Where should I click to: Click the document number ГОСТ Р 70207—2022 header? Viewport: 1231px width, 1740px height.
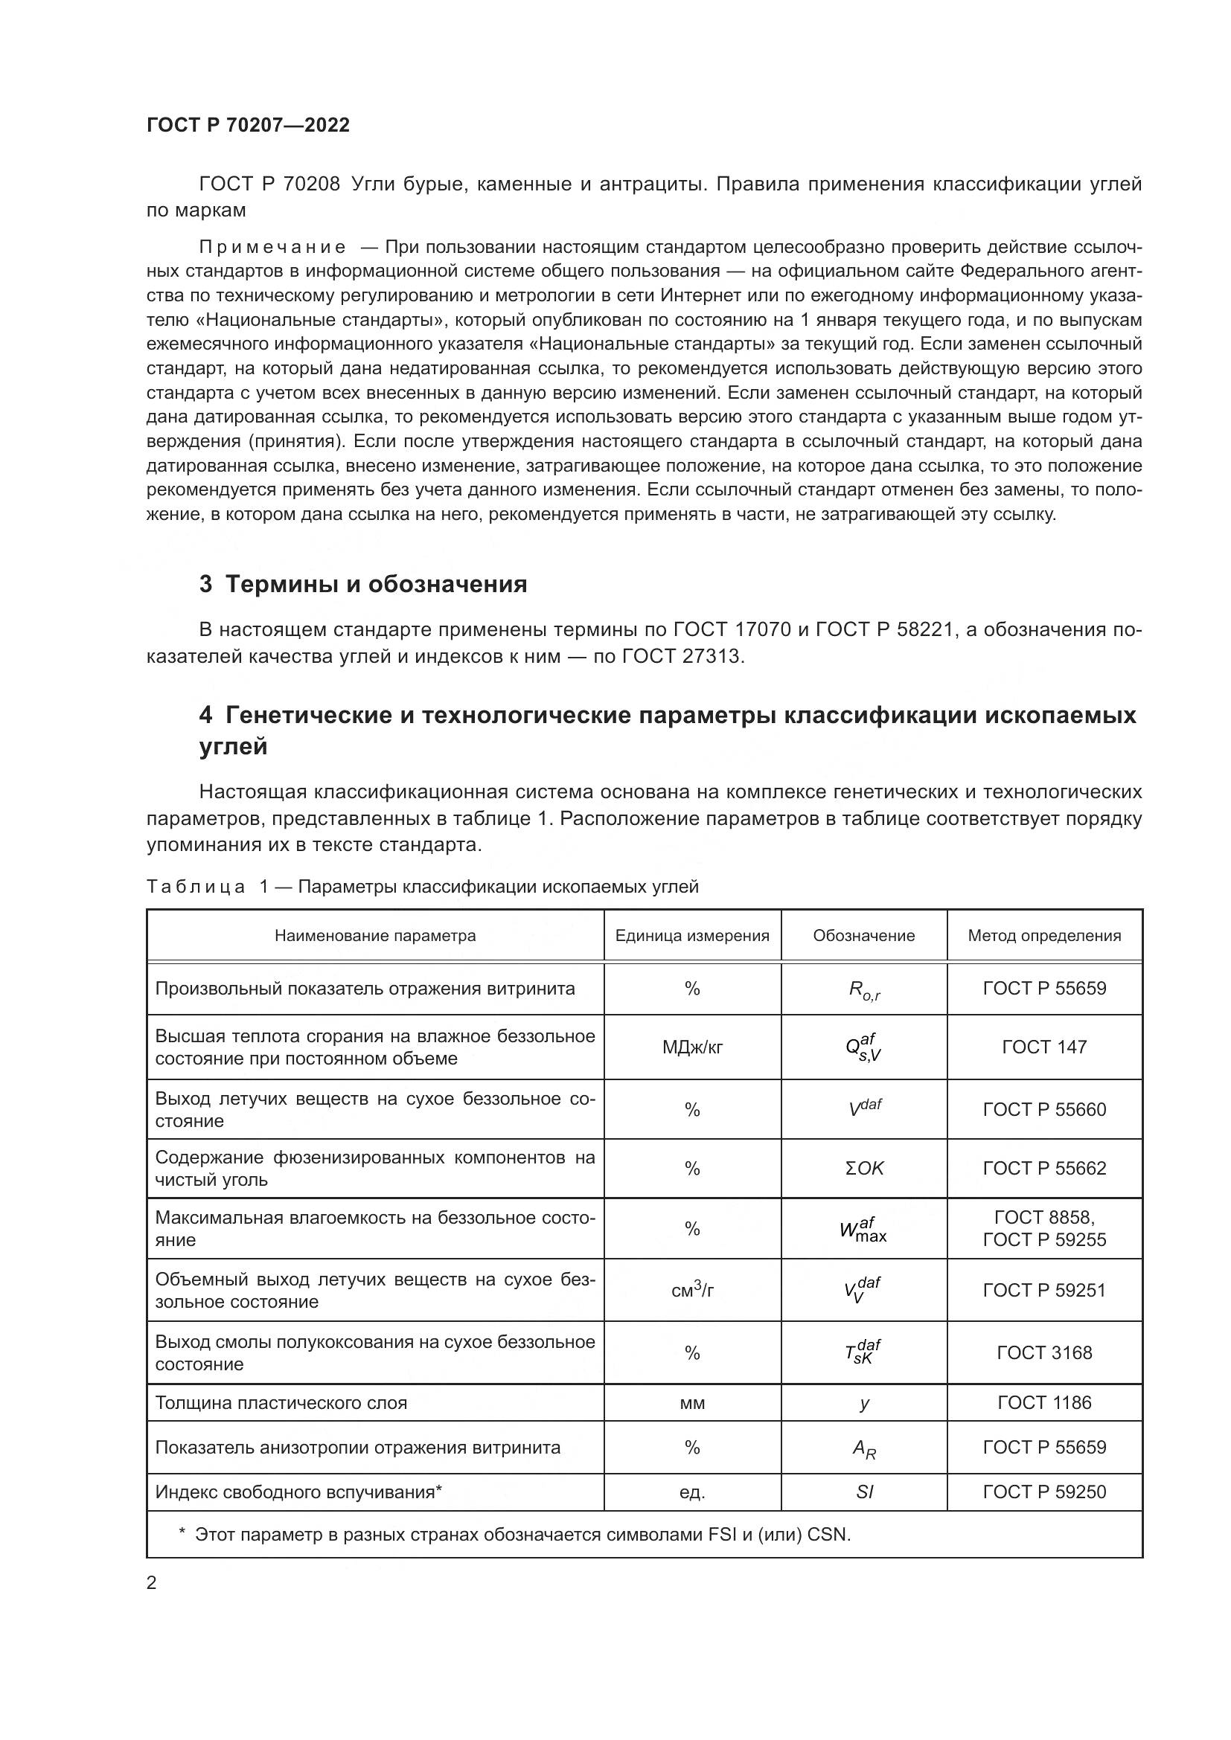[x=248, y=126]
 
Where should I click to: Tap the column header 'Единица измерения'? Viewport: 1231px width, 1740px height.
[x=692, y=936]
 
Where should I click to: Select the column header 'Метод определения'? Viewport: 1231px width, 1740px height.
[x=1043, y=936]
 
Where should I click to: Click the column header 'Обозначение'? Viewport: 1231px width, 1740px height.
[x=863, y=936]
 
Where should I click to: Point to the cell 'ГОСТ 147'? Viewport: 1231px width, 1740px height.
[x=1043, y=1047]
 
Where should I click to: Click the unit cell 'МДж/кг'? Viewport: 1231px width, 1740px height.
[x=692, y=1047]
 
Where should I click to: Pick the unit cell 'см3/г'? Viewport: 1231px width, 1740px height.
[x=692, y=1291]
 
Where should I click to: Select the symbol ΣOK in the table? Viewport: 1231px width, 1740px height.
[x=864, y=1169]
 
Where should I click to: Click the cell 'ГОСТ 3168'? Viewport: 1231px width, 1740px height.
[x=1043, y=1352]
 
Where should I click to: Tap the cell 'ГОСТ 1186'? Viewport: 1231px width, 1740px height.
[x=1043, y=1403]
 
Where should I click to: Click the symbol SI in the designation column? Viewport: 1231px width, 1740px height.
[x=864, y=1492]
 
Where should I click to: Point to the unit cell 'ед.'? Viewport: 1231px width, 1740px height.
[x=692, y=1492]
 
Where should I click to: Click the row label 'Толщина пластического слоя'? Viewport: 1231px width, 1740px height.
[x=281, y=1403]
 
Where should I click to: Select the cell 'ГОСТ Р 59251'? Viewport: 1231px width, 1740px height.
[x=1043, y=1291]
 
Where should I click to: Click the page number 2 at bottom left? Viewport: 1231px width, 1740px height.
[x=152, y=1583]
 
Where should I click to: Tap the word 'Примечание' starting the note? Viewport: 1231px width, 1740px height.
[x=272, y=248]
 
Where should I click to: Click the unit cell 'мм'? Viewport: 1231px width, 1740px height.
[x=692, y=1403]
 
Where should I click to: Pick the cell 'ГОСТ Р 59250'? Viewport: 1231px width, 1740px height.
[x=1043, y=1492]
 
